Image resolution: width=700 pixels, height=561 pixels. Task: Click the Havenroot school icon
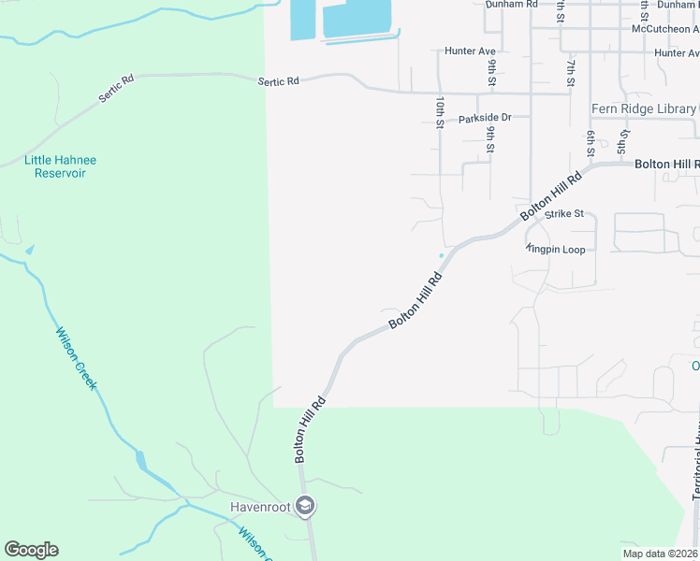click(x=304, y=507)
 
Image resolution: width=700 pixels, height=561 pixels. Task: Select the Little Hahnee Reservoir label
click(x=60, y=166)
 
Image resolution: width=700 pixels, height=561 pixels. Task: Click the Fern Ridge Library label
click(x=643, y=109)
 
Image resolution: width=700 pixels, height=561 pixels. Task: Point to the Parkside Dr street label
click(x=485, y=118)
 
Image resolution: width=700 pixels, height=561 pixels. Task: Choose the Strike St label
click(x=563, y=213)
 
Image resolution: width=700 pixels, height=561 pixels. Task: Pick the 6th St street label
click(x=591, y=144)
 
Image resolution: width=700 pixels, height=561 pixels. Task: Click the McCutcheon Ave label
click(x=665, y=29)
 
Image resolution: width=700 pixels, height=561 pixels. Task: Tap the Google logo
click(x=31, y=550)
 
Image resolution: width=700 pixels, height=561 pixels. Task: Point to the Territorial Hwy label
click(x=696, y=467)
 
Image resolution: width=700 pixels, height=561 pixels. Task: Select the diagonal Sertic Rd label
click(x=117, y=91)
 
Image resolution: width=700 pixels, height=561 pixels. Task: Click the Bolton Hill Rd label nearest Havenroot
click(x=310, y=429)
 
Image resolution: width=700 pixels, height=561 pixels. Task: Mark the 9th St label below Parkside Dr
click(x=489, y=138)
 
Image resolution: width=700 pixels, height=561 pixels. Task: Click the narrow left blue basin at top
click(x=302, y=20)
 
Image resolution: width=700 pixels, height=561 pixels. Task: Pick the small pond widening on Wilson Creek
click(x=141, y=460)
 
